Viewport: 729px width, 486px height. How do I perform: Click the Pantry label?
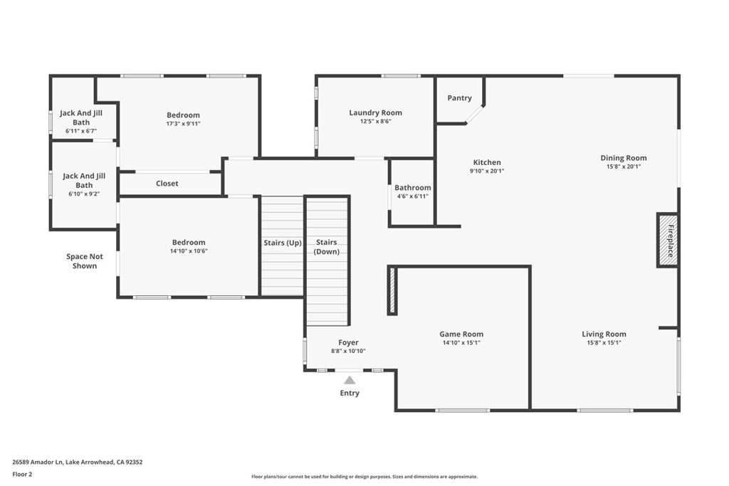459,98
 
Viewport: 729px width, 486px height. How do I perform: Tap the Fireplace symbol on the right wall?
668,241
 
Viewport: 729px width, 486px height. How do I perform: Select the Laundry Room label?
375,112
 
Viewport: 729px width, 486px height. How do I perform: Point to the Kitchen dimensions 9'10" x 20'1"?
487,171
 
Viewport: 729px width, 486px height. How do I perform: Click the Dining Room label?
623,158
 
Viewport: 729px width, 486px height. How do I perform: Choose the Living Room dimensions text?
604,343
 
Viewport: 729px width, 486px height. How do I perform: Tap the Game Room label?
461,334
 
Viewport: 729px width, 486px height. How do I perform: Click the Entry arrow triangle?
350,380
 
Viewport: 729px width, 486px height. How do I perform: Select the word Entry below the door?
350,393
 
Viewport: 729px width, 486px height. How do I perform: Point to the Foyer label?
348,342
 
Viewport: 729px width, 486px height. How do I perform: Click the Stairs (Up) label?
283,243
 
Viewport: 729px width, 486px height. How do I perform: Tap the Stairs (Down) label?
327,247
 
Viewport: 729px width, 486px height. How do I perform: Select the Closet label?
167,184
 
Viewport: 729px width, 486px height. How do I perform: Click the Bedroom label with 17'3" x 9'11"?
183,115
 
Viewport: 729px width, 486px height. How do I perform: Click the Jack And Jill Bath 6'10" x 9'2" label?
84,180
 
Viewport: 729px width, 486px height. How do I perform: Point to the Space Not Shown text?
84,261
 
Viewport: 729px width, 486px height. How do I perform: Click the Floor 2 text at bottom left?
23,473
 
